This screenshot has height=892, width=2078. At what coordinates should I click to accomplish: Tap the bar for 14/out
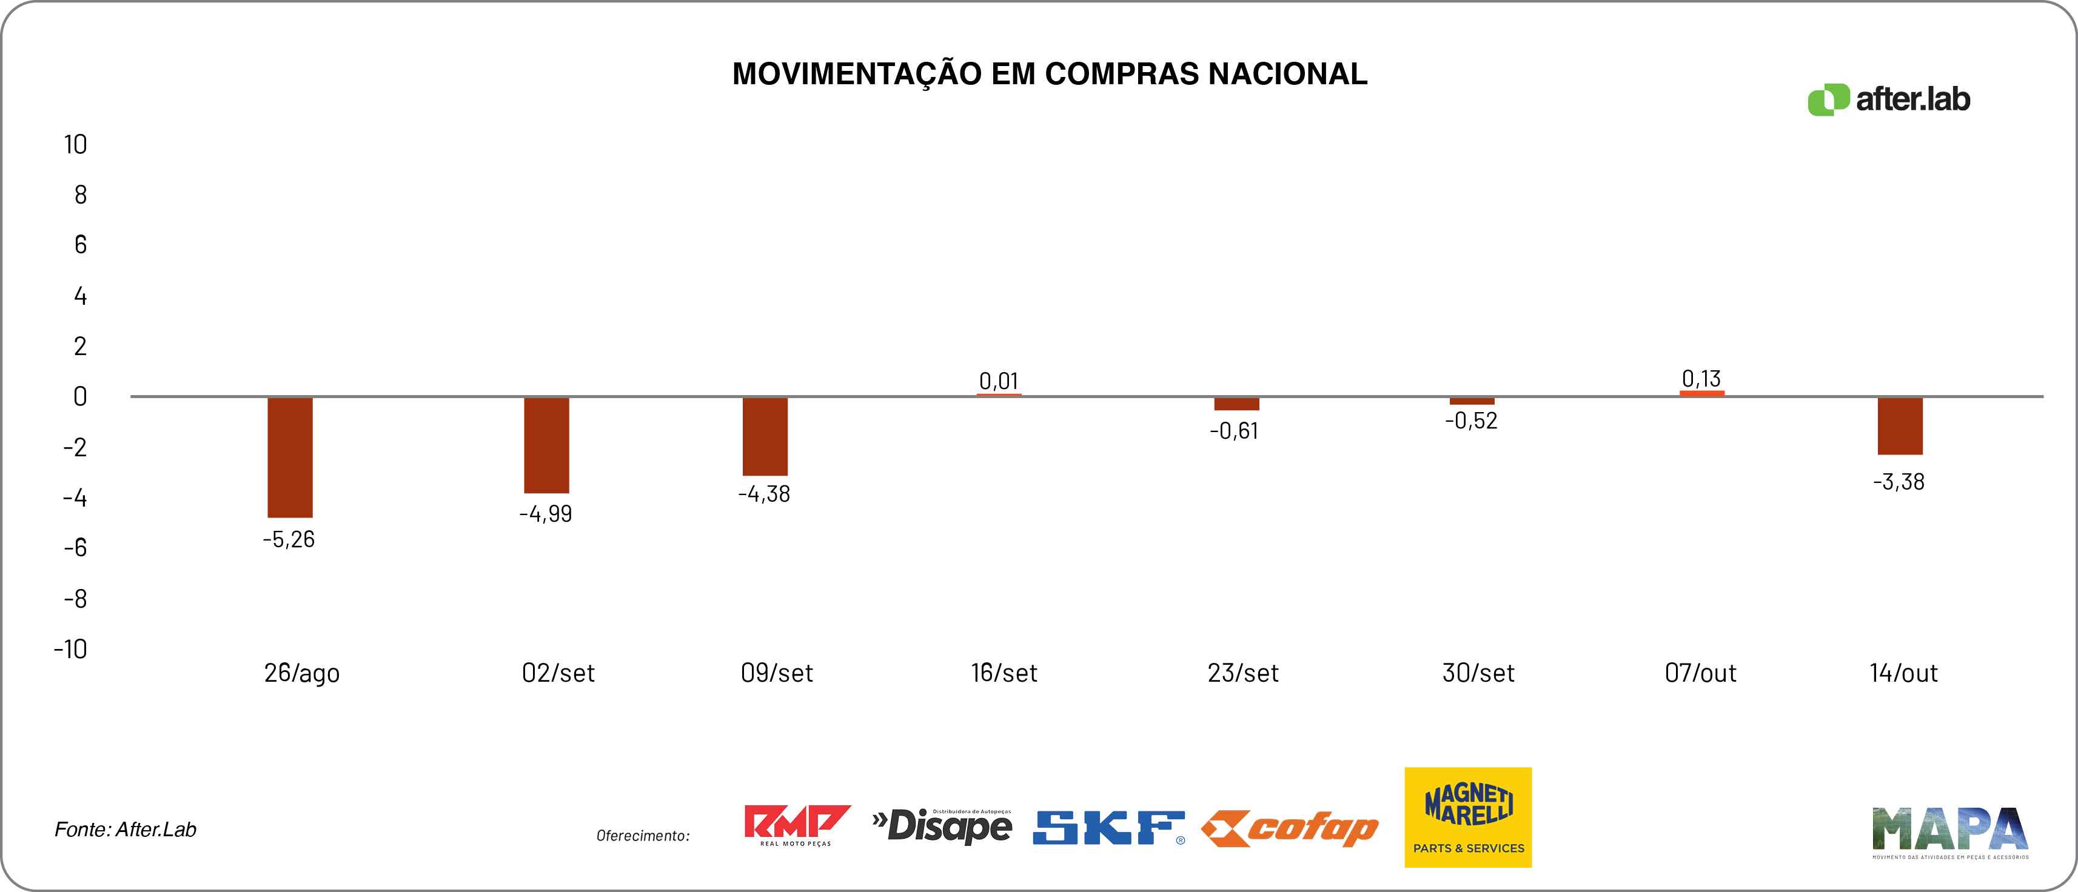(1900, 426)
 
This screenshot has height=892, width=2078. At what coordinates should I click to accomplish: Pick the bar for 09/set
(765, 436)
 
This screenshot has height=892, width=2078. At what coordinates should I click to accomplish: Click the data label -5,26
(289, 539)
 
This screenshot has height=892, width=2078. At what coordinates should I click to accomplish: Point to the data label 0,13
(1701, 378)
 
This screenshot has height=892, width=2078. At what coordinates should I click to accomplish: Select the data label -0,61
(1234, 431)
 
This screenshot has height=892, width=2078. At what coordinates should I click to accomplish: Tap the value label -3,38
(1899, 482)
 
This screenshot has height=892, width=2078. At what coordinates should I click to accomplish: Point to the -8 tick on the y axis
(75, 599)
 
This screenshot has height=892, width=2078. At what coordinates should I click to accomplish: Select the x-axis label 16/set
(1004, 673)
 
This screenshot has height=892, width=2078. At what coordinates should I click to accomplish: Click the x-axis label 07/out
(1700, 673)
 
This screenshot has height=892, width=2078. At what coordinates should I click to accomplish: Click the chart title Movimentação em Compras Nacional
(1050, 74)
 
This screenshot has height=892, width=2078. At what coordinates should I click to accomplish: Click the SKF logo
(1108, 828)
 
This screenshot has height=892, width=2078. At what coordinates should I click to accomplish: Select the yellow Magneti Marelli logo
(1467, 817)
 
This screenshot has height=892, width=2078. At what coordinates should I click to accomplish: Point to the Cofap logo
(1289, 828)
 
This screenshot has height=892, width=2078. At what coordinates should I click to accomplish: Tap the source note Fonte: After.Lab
(125, 829)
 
